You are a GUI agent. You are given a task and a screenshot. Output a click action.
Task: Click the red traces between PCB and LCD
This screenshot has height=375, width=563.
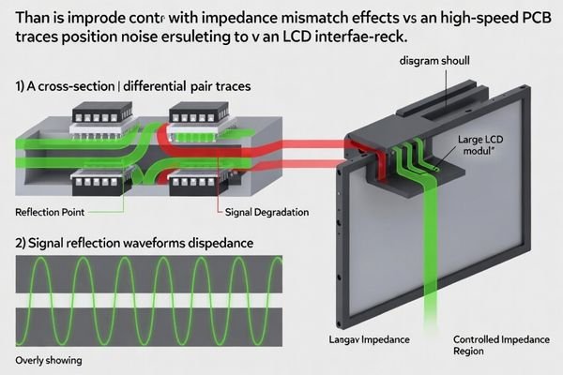pos(300,145)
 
